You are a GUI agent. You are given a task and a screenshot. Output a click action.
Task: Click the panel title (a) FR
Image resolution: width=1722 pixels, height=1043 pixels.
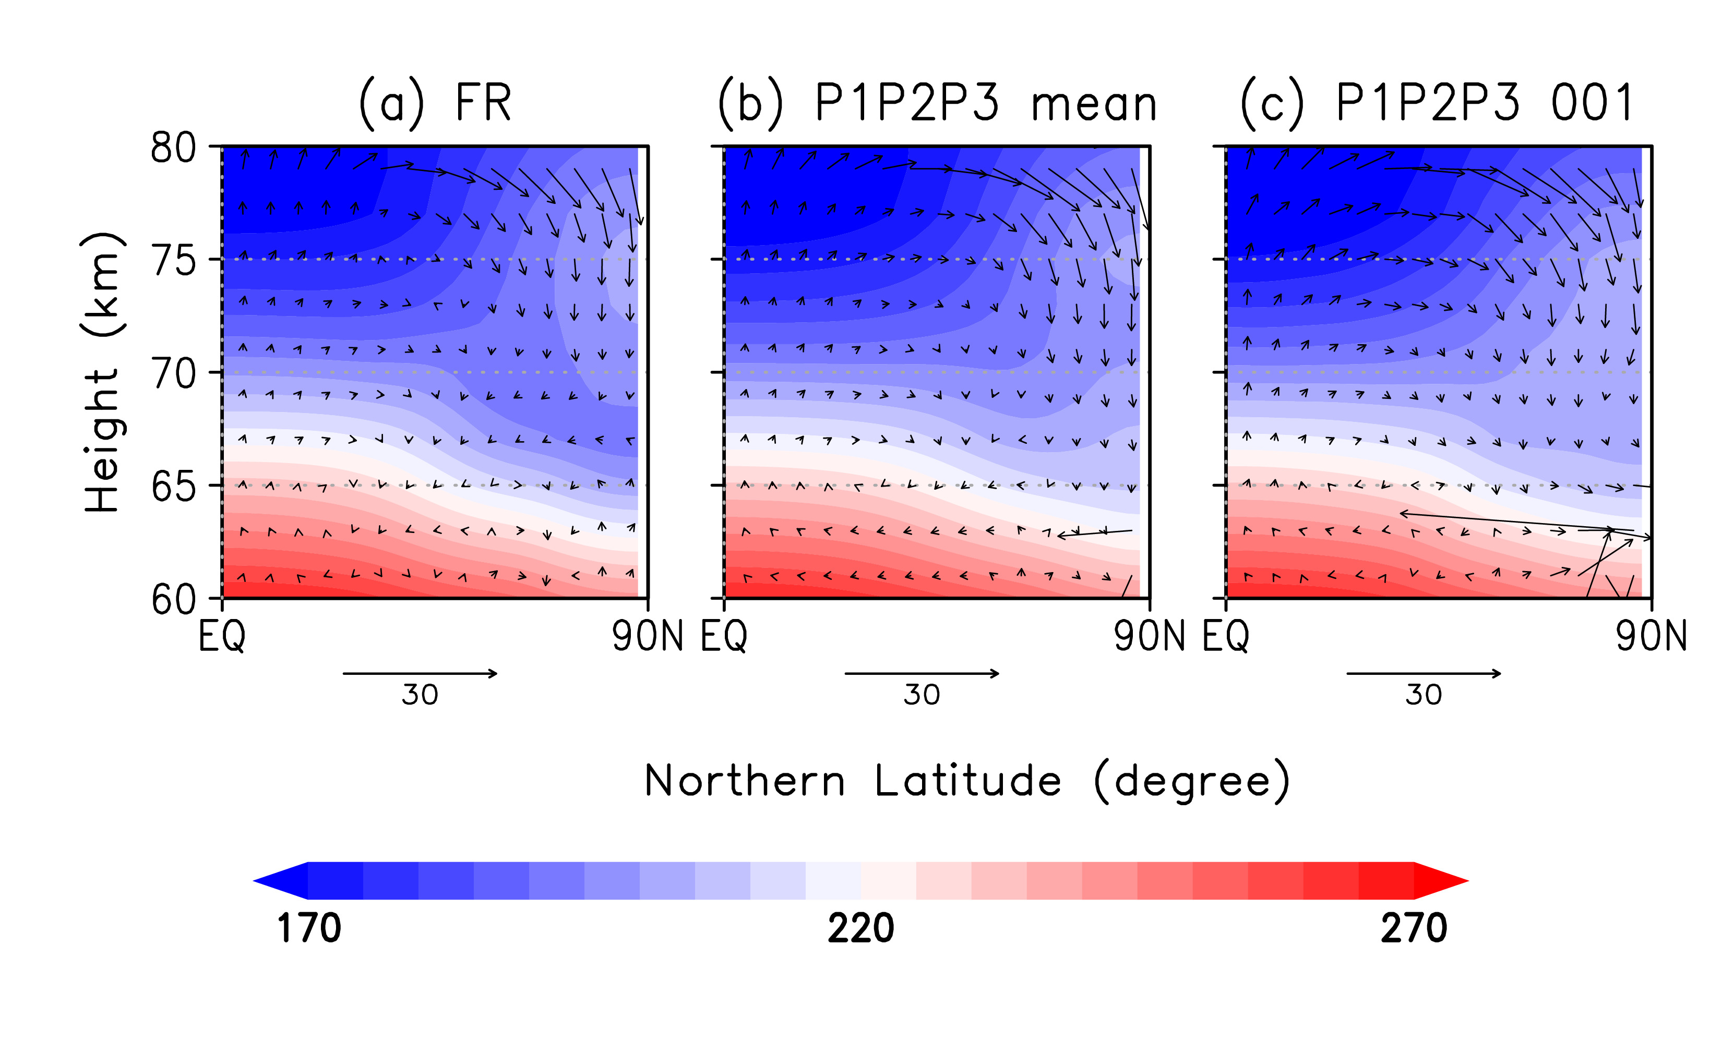click(435, 103)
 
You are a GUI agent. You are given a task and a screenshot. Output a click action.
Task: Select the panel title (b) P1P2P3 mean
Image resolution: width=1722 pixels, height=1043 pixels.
click(937, 103)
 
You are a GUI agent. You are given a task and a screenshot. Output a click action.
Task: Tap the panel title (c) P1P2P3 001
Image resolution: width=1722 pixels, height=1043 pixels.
click(1437, 103)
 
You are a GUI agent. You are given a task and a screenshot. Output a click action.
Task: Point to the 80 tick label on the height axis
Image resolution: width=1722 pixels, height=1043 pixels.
click(173, 148)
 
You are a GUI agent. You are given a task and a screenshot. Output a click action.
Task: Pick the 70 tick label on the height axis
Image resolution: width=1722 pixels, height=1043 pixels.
click(173, 374)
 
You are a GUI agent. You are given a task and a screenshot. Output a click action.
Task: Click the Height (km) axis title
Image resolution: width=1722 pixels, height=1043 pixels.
click(103, 372)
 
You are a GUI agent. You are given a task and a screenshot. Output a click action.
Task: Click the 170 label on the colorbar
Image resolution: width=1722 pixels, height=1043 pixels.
click(309, 928)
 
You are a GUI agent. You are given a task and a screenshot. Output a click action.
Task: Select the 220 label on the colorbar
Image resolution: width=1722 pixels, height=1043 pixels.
click(861, 928)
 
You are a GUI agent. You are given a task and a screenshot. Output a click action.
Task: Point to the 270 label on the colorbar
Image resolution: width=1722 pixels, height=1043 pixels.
click(1414, 928)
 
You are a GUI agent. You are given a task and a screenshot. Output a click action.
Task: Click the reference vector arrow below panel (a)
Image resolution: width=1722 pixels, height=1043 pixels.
click(420, 673)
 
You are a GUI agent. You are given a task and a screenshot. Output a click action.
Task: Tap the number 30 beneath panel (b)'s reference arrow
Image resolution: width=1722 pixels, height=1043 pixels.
click(922, 695)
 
